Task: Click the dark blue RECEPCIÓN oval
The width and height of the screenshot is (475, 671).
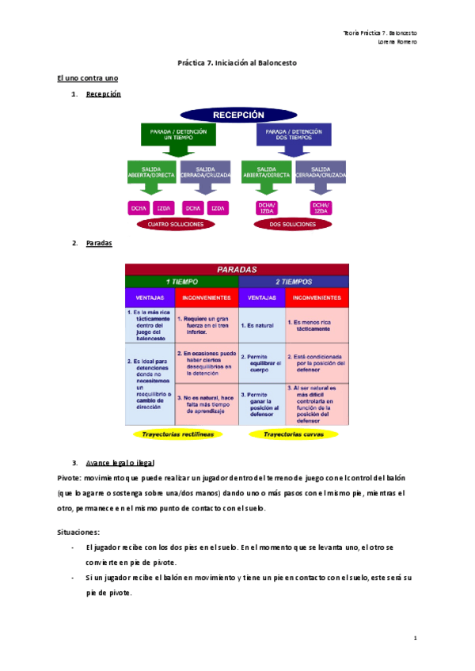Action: point(237,114)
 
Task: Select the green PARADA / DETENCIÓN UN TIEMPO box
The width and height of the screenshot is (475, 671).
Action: point(178,135)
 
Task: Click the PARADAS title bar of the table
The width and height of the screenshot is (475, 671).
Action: point(237,269)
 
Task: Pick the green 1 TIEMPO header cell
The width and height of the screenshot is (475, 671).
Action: point(181,281)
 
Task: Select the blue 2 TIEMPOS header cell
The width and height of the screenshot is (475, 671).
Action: point(294,281)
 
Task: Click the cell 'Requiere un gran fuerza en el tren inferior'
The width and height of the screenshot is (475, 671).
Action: point(206,325)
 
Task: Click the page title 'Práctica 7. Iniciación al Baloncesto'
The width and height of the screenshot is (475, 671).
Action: point(237,63)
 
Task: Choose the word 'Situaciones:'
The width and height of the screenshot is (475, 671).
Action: point(78,533)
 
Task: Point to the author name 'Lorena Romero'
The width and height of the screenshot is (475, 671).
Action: point(398,42)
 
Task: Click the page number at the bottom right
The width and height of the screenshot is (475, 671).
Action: point(415,637)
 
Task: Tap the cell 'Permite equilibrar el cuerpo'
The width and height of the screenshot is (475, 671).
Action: point(261,363)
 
